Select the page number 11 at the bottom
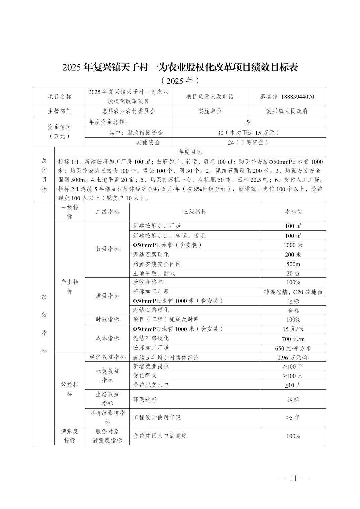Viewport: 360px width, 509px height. (x=293, y=478)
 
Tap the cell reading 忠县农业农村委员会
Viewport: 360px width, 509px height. (x=128, y=111)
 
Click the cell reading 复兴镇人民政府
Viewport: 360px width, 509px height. (x=287, y=111)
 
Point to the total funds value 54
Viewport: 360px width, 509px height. (x=249, y=122)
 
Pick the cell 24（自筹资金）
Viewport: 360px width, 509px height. (x=249, y=142)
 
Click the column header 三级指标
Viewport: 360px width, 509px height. (x=195, y=212)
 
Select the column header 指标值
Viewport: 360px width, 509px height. (x=293, y=212)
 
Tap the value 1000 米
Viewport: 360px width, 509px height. (x=293, y=245)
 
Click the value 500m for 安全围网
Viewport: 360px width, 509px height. (x=293, y=264)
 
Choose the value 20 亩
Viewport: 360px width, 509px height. (x=293, y=273)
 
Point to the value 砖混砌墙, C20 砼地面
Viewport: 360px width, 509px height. (x=293, y=292)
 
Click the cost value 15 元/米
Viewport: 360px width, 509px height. (x=293, y=329)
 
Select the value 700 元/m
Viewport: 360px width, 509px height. (x=293, y=339)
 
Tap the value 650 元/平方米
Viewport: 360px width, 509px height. (x=293, y=348)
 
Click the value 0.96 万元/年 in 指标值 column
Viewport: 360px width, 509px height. (x=293, y=358)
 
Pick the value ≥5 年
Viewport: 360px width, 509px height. (x=293, y=418)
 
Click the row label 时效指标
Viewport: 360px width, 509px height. (x=107, y=319)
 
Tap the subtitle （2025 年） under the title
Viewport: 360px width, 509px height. (x=180, y=81)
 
